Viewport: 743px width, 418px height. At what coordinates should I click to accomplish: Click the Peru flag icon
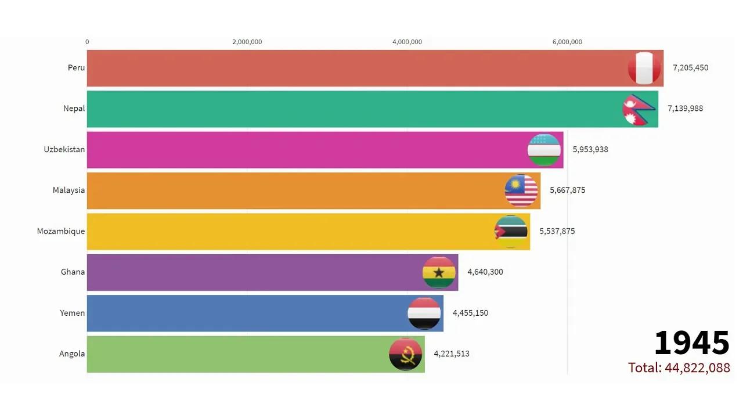tap(644, 68)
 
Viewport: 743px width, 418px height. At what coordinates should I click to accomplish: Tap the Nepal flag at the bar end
tap(639, 109)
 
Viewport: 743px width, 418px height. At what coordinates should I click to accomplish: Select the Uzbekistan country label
tap(64, 149)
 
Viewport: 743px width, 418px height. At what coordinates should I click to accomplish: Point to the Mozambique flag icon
tap(511, 231)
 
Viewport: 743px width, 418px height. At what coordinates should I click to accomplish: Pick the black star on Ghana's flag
tap(439, 272)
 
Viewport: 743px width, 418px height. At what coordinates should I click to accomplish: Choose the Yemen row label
tap(73, 313)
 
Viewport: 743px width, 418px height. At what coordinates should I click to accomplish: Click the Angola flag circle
tap(405, 354)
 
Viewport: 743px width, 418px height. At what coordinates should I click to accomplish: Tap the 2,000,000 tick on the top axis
tap(247, 42)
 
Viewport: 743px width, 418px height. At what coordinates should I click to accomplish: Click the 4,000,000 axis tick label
tap(407, 42)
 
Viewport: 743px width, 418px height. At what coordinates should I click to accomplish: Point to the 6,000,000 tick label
tap(567, 42)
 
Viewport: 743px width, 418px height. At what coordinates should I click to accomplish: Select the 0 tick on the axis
tap(87, 42)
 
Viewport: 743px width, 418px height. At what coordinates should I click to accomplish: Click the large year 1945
tap(691, 343)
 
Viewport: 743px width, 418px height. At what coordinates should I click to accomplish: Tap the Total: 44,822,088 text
tap(679, 367)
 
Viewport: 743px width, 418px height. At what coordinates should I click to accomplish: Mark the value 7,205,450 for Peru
tap(690, 67)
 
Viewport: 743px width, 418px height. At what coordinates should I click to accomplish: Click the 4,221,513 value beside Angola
tap(451, 354)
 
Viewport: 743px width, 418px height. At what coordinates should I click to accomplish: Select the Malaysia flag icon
tap(521, 190)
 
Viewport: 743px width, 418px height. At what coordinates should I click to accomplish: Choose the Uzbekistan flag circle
tap(544, 150)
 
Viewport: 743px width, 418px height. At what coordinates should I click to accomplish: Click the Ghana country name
tap(73, 272)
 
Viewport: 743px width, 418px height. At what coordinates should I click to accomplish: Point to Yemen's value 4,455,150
tap(470, 313)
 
